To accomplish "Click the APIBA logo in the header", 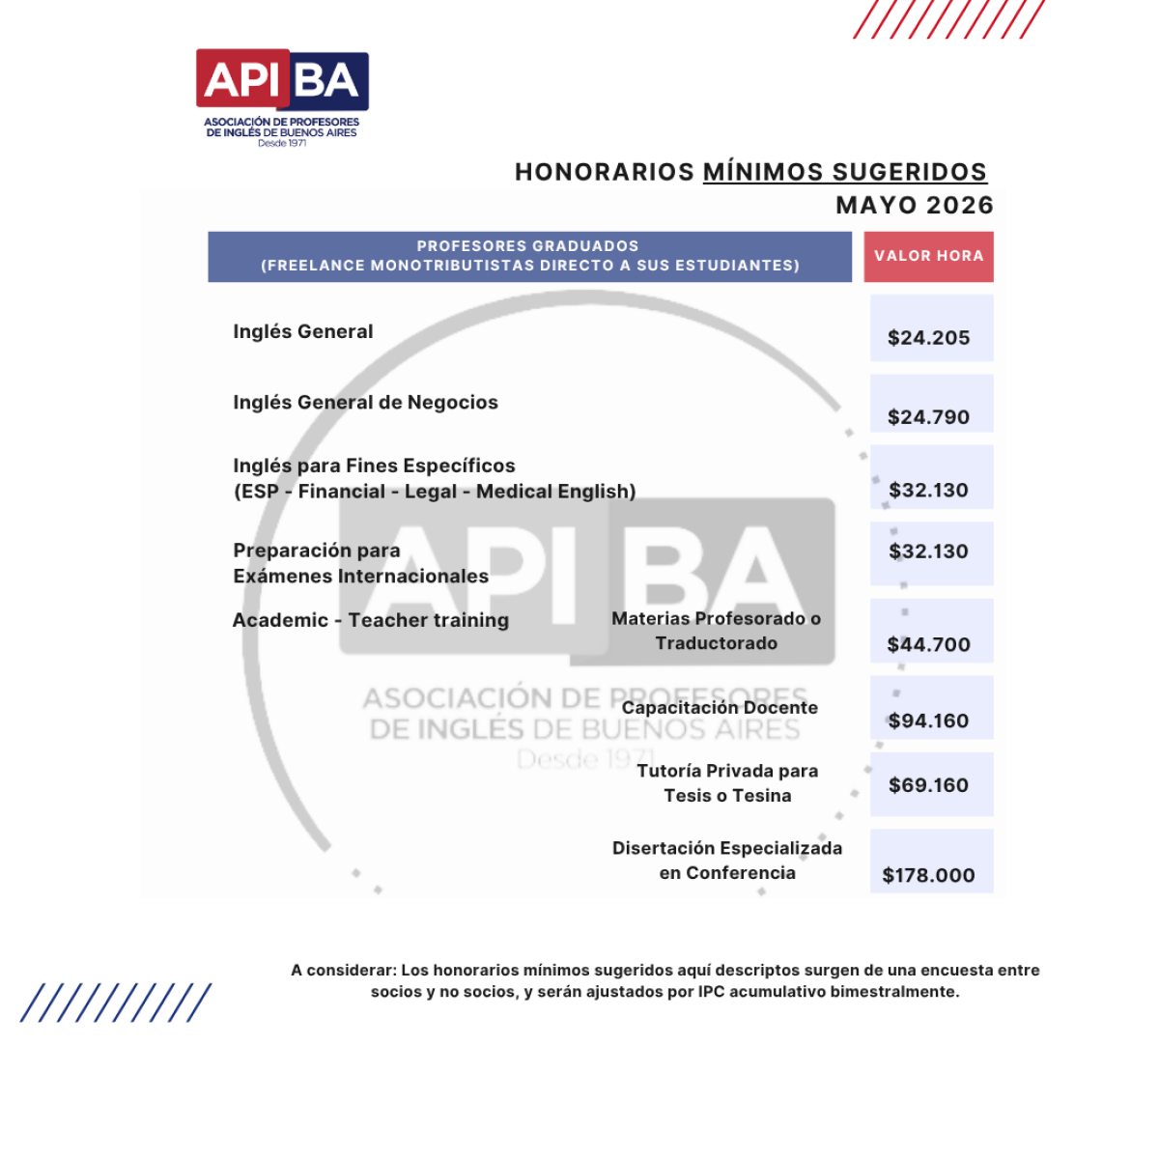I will click(282, 97).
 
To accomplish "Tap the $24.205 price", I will click(928, 338).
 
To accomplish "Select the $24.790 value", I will click(928, 417).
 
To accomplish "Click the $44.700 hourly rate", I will click(928, 644).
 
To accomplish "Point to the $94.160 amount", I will click(928, 721).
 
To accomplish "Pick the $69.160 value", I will click(928, 785).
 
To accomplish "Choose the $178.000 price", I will click(928, 875).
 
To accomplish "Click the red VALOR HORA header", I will click(928, 256).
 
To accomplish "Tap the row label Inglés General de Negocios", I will click(365, 403).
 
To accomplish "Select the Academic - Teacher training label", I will click(370, 620).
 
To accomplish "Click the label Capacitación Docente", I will click(720, 708).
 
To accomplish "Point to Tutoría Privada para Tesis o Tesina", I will click(727, 783).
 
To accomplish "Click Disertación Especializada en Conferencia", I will click(727, 860).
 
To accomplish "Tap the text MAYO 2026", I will click(914, 206).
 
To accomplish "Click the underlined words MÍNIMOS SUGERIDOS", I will click(844, 172).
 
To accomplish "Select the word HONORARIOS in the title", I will click(605, 172).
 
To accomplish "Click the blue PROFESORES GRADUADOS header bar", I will click(529, 256).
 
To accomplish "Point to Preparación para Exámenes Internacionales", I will click(360, 563).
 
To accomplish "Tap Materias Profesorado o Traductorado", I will click(716, 631).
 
